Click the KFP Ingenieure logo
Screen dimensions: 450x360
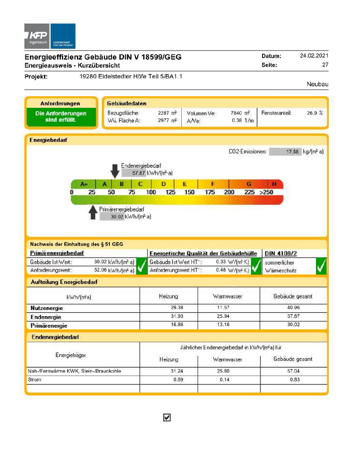coord(50,36)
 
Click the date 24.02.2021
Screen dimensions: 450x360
coord(314,56)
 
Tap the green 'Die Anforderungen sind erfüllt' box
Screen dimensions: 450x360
coord(60,117)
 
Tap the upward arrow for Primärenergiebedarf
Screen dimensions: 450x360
coord(93,212)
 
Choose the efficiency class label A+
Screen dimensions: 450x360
coord(84,184)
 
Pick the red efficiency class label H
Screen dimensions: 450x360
coord(274,184)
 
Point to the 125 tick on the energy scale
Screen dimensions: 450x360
coord(170,192)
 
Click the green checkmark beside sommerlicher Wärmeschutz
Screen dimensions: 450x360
coord(321,266)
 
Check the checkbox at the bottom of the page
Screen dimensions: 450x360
coord(167,417)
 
